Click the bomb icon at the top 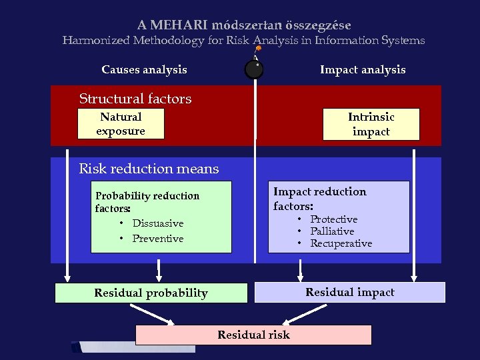pyautogui.click(x=254, y=69)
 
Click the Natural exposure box pyautogui.click(x=121, y=124)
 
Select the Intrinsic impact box pyautogui.click(x=371, y=124)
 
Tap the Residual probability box pyautogui.click(x=151, y=293)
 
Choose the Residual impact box pyautogui.click(x=350, y=292)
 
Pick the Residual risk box pyautogui.click(x=253, y=335)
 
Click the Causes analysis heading pyautogui.click(x=144, y=69)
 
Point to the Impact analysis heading pyautogui.click(x=363, y=69)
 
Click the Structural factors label pyautogui.click(x=135, y=99)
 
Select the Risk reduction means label pyautogui.click(x=149, y=169)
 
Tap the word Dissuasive pyautogui.click(x=158, y=223)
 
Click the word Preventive pyautogui.click(x=158, y=239)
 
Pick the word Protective pyautogui.click(x=334, y=219)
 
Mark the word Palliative pyautogui.click(x=332, y=231)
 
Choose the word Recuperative pyautogui.click(x=341, y=243)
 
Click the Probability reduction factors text pyautogui.click(x=147, y=202)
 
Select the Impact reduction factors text pyautogui.click(x=320, y=199)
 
